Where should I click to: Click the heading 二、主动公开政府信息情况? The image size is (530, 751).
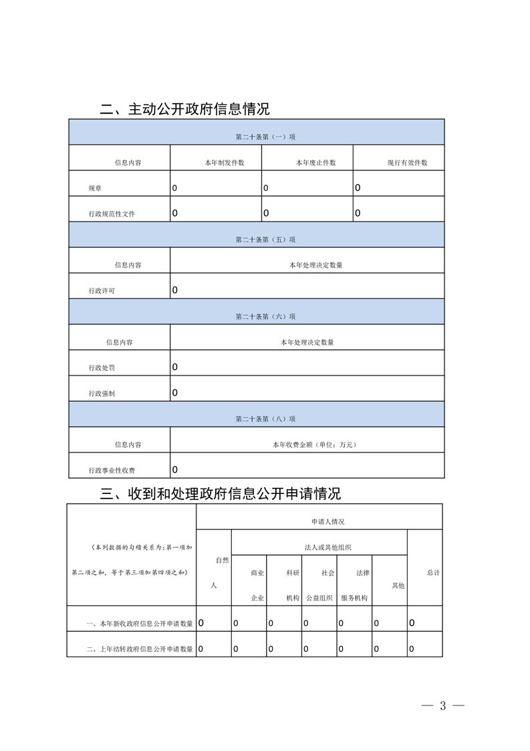click(x=184, y=109)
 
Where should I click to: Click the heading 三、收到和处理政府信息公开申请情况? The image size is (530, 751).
click(x=220, y=494)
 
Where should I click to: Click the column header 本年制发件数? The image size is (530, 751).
click(x=224, y=163)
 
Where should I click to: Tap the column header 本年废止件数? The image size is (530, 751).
click(x=315, y=163)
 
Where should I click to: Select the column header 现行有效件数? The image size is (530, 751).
click(x=407, y=163)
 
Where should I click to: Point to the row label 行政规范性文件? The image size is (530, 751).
click(x=112, y=214)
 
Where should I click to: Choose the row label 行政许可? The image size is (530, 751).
click(x=102, y=291)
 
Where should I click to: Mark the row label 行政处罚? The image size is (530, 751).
click(x=102, y=368)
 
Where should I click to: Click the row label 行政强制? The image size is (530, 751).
click(x=102, y=394)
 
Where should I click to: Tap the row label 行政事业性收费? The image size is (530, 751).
click(x=112, y=471)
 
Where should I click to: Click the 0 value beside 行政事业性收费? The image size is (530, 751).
click(x=175, y=469)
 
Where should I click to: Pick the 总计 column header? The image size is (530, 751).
click(x=433, y=573)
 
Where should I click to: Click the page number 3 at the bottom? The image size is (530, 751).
click(x=442, y=706)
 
